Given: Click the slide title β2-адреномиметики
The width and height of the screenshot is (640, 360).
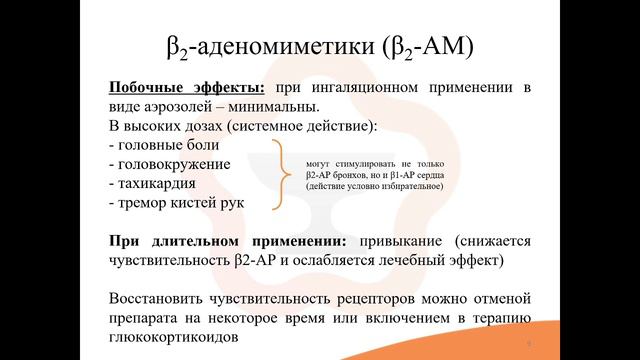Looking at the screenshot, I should point(319,46).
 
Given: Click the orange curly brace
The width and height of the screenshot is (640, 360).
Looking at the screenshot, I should point(281,173).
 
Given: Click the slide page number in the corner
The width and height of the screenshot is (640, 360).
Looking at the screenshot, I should point(526,342).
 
